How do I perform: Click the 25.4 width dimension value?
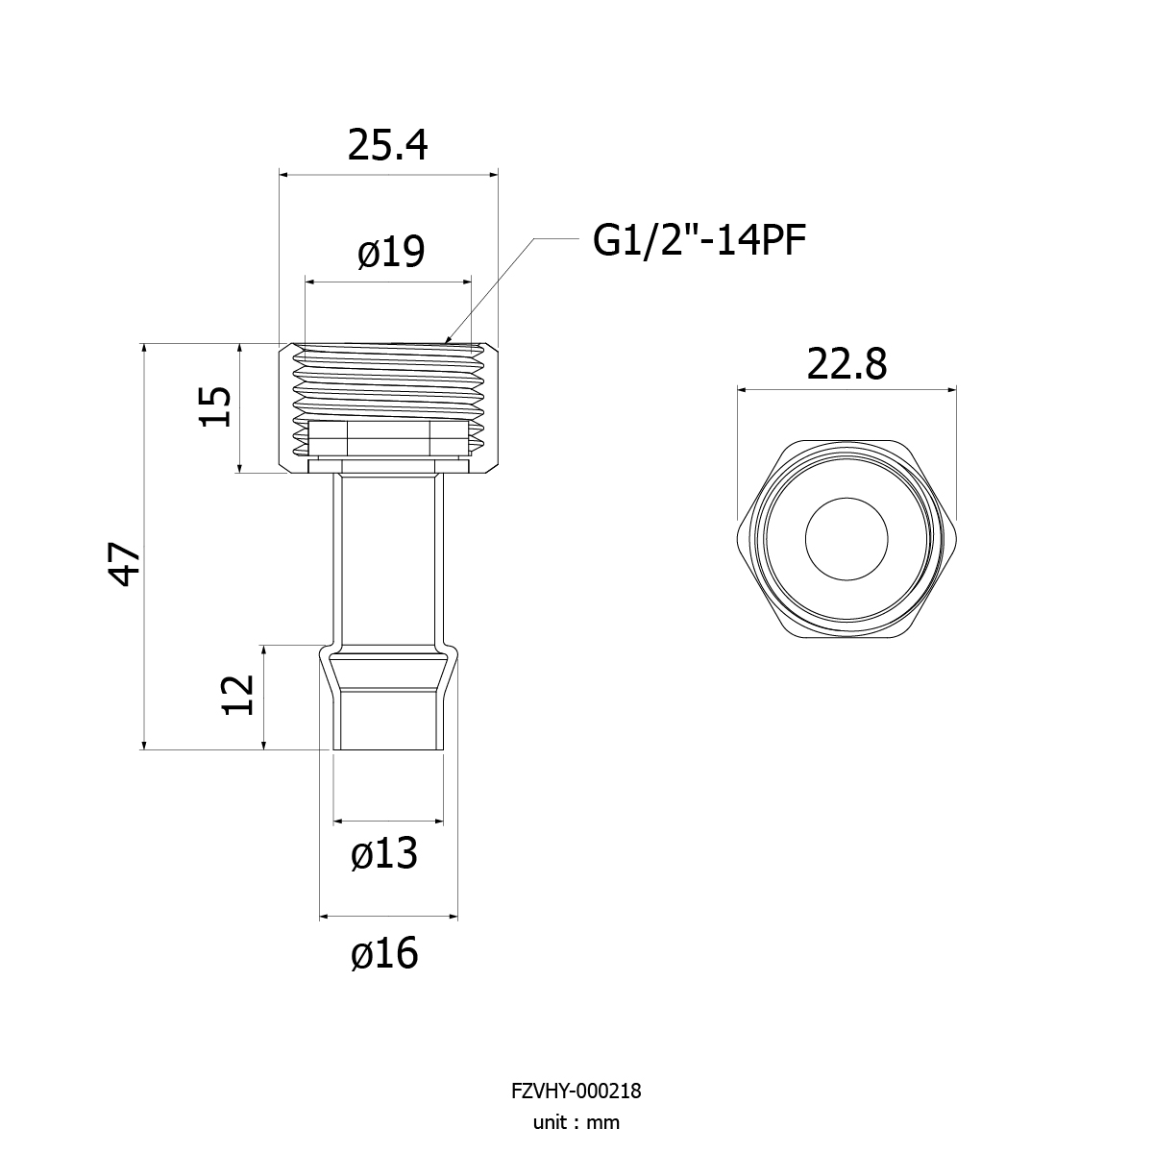(x=387, y=145)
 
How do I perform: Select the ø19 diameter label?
(x=391, y=252)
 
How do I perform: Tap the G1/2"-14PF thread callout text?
(x=699, y=240)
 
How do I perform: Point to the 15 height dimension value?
(x=215, y=406)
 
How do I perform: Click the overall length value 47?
(x=124, y=564)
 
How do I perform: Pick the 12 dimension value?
(x=238, y=695)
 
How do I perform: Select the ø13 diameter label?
(x=384, y=853)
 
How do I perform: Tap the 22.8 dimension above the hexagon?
(x=846, y=364)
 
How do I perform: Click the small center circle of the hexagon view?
(x=846, y=539)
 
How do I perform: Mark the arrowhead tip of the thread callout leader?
(x=445, y=343)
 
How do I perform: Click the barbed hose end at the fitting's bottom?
(x=388, y=697)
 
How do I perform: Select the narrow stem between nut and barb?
(x=388, y=559)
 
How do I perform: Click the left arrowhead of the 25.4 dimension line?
(x=280, y=175)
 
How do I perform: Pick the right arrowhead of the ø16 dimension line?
(x=457, y=916)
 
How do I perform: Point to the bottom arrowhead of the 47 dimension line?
(x=143, y=749)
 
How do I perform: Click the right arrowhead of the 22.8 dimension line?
(x=956, y=390)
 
